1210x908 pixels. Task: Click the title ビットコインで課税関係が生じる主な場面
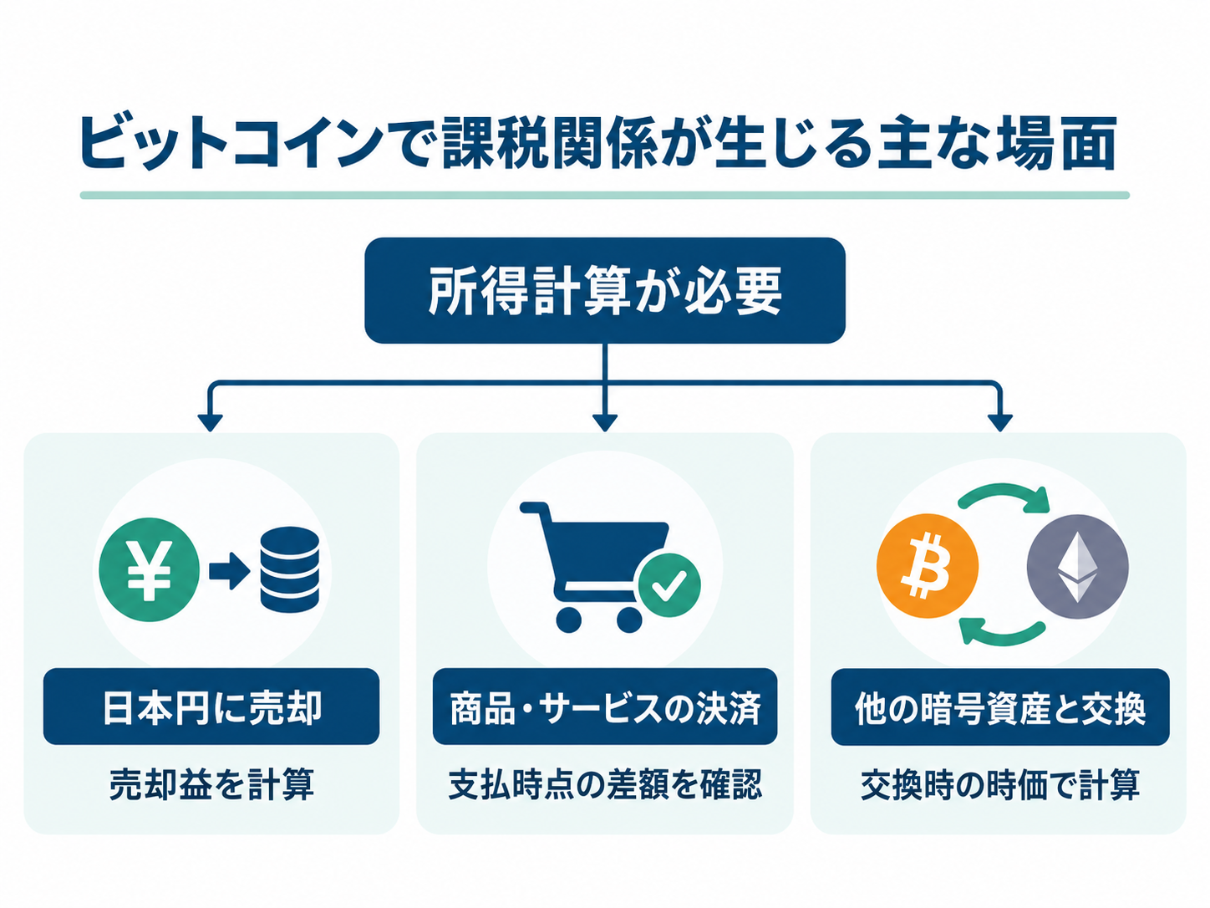click(x=598, y=143)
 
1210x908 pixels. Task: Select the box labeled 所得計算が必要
click(x=605, y=290)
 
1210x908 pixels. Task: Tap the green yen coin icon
click(x=149, y=569)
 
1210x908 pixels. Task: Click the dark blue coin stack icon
click(x=289, y=569)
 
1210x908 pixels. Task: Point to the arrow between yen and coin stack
click(x=229, y=570)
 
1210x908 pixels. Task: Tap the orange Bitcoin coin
click(x=928, y=566)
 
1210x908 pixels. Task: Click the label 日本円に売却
click(x=211, y=707)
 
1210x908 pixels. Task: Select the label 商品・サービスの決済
click(x=605, y=707)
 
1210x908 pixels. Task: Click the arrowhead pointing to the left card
click(x=210, y=422)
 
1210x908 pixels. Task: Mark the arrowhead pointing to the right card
click(x=1000, y=422)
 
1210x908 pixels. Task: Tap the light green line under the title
click(x=605, y=195)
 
